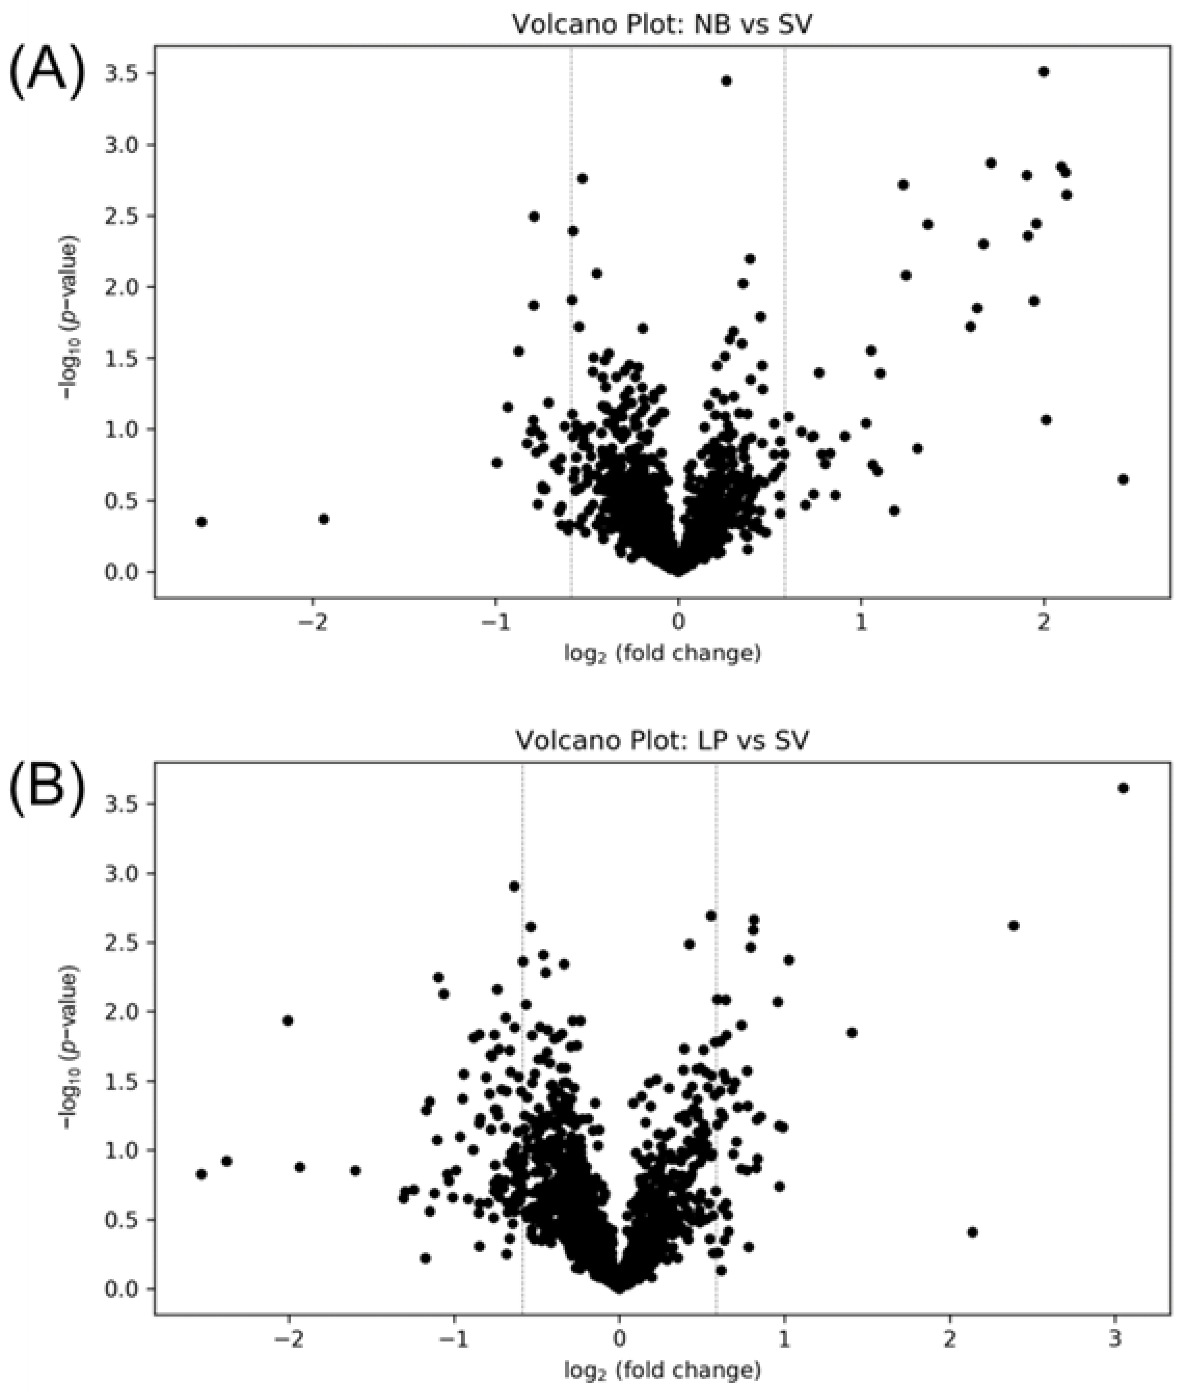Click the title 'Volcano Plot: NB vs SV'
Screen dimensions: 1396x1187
pyautogui.click(x=662, y=25)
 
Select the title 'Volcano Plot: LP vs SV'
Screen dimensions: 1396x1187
pyautogui.click(x=662, y=741)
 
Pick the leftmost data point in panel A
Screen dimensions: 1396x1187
pyautogui.click(x=201, y=521)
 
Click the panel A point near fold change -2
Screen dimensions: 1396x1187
pyautogui.click(x=323, y=519)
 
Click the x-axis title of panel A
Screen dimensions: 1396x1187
pyautogui.click(x=662, y=653)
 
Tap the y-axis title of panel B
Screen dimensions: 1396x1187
pyautogui.click(x=69, y=1037)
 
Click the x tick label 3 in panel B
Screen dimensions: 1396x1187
pyautogui.click(x=1115, y=1339)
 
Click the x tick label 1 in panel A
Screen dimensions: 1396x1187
pyautogui.click(x=861, y=623)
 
